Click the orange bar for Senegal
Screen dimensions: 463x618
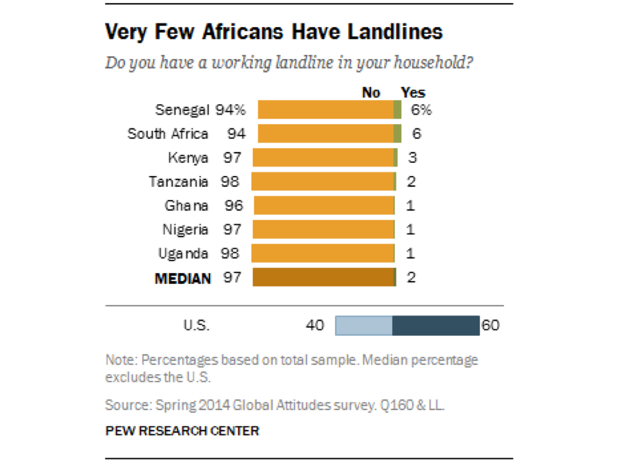point(325,110)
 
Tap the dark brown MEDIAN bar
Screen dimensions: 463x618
point(323,277)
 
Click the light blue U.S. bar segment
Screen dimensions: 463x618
point(363,326)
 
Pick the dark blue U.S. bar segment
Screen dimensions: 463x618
point(436,326)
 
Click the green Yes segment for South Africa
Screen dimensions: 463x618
point(397,133)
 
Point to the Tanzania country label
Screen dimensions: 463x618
point(179,181)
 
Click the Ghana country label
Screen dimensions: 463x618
point(186,206)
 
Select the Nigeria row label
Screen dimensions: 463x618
point(185,230)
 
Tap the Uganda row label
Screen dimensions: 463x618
point(183,254)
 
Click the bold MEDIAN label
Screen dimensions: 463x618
point(183,278)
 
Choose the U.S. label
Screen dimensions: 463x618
point(196,326)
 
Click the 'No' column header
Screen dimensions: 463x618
point(371,92)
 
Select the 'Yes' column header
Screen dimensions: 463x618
point(413,92)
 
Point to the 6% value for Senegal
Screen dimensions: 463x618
point(421,110)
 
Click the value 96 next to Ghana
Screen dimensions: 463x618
point(234,206)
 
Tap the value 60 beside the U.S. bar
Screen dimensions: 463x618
point(490,326)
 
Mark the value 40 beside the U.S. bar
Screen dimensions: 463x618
point(315,326)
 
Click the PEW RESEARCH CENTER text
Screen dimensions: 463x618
point(182,431)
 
